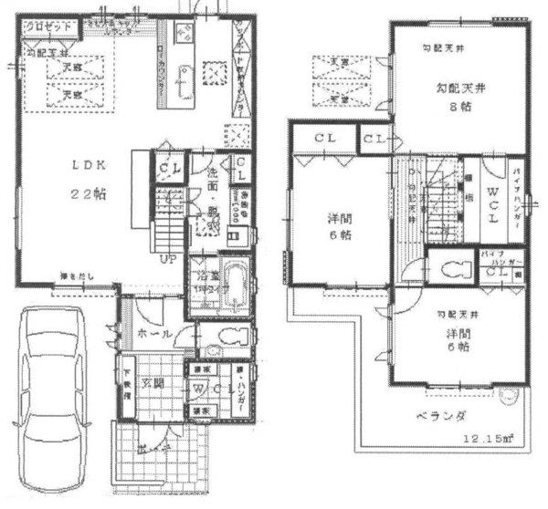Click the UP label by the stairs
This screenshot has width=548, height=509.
tap(168, 257)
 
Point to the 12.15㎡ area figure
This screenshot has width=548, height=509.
tap(490, 439)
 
